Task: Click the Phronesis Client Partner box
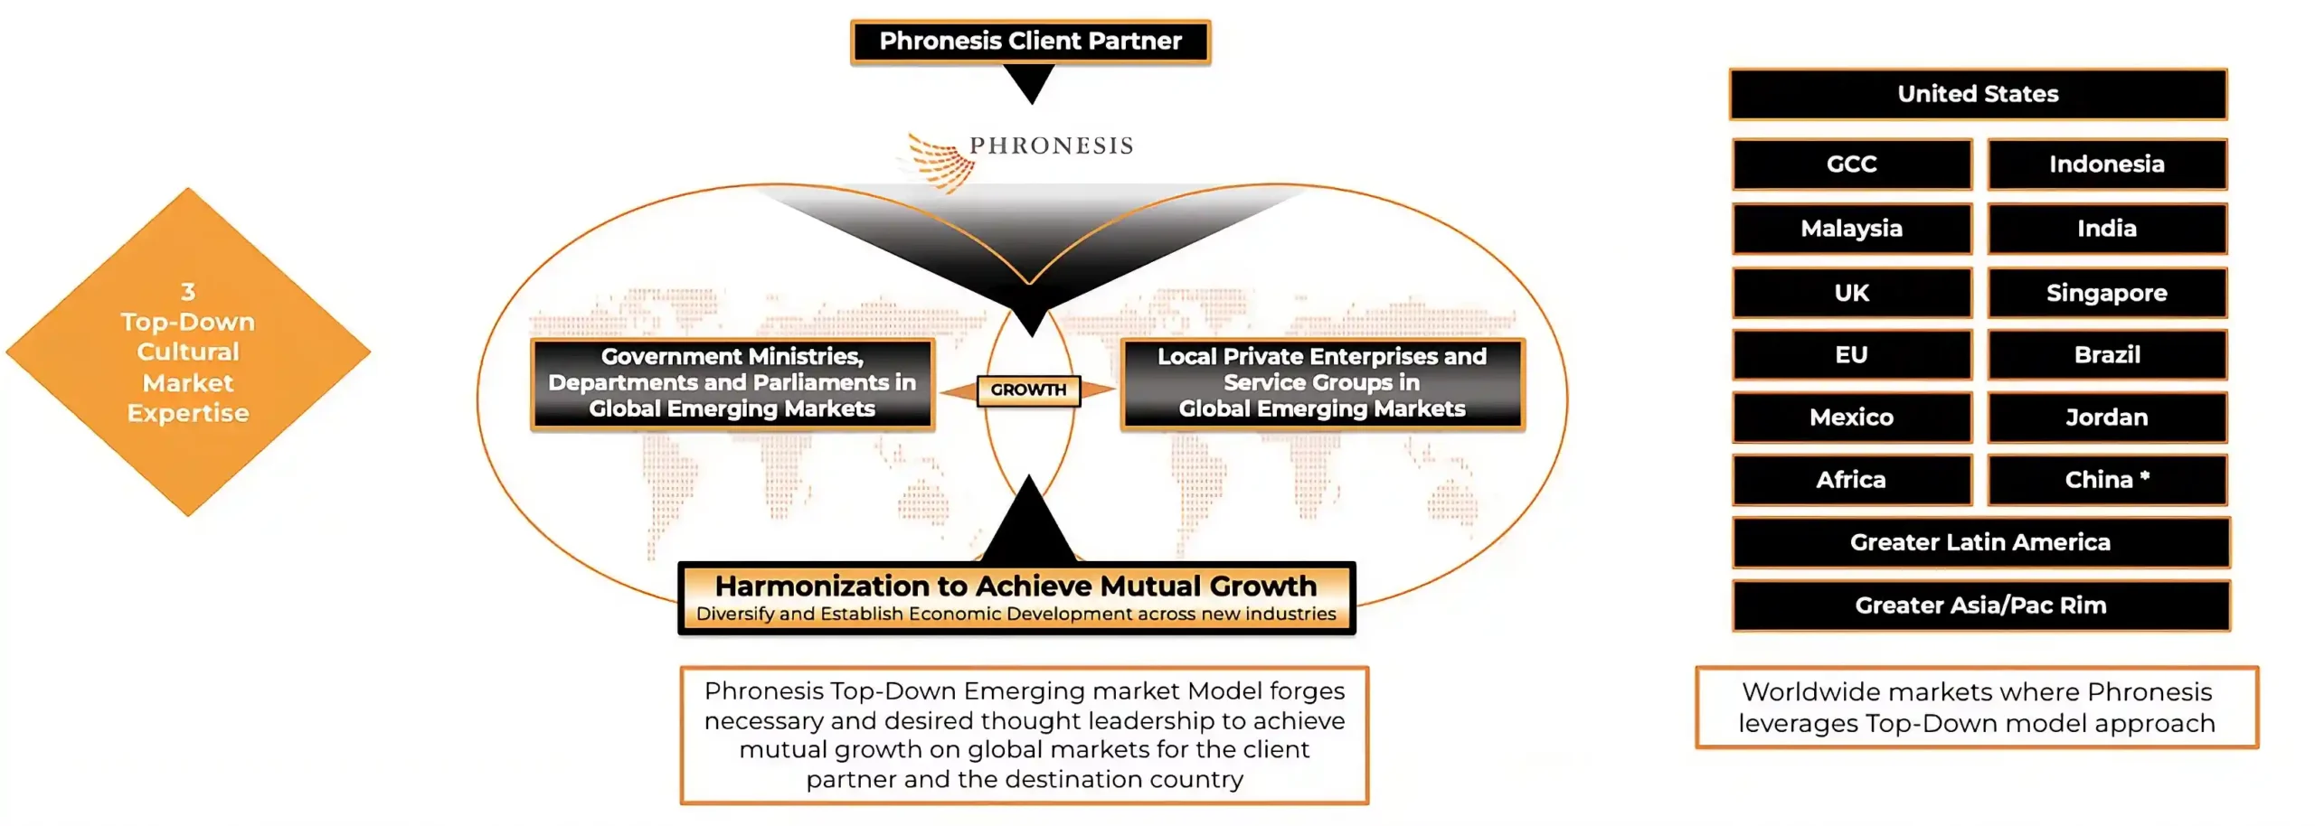coord(1030,42)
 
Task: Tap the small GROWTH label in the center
coord(1028,390)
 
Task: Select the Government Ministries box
coord(732,383)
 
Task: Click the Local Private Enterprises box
coord(1322,383)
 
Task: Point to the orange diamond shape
coord(188,352)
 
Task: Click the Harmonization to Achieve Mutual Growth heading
coord(1016,586)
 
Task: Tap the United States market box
coord(1978,94)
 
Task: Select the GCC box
coord(1852,164)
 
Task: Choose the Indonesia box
coord(2107,164)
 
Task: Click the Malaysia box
coord(1852,229)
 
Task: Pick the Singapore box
coord(2107,293)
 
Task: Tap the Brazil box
coord(2107,354)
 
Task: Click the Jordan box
coord(2107,418)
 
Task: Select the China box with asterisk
coord(2107,480)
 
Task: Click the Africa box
coord(1852,480)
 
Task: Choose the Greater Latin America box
coord(1980,542)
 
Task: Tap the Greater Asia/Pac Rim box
coord(1980,605)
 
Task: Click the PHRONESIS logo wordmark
coord(1051,145)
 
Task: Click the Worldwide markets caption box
coord(1977,708)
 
